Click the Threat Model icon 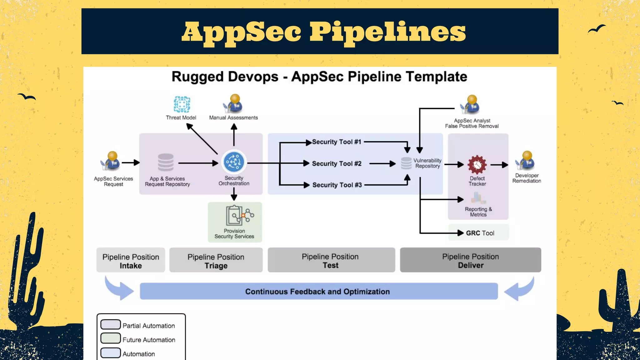point(182,104)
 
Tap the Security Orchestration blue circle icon point(234,162)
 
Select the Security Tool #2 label point(337,163)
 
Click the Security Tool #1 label point(337,142)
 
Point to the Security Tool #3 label point(337,185)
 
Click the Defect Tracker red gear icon point(477,164)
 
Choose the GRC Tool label point(480,233)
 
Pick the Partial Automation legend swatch point(111,325)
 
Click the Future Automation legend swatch point(111,338)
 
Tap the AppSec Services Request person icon point(111,161)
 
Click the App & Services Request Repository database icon point(166,162)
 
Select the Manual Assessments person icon point(233,104)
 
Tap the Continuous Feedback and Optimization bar point(318,291)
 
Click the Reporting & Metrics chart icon point(478,198)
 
